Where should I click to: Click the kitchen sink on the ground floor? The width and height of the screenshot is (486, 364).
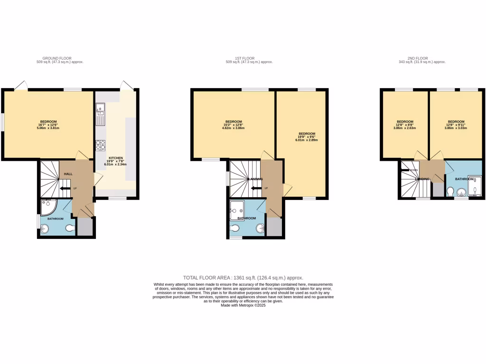point(100,115)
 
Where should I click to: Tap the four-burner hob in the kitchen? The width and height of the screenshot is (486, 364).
point(100,145)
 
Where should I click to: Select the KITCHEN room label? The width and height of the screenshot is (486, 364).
point(116,157)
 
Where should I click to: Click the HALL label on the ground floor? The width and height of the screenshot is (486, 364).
point(68,174)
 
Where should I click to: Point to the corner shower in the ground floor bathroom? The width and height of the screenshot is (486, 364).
point(48,207)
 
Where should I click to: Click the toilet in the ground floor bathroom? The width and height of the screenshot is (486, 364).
point(70,228)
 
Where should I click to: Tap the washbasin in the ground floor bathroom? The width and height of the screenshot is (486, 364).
point(45,229)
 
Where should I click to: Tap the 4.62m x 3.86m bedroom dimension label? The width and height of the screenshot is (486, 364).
point(234,128)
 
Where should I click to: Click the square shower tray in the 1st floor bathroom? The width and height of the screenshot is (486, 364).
point(237,208)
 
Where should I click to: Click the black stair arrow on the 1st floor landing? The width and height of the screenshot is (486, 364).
point(256,189)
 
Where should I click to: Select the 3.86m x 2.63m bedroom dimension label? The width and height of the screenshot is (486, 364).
point(405,128)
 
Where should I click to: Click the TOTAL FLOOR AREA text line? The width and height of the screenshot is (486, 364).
point(243,278)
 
